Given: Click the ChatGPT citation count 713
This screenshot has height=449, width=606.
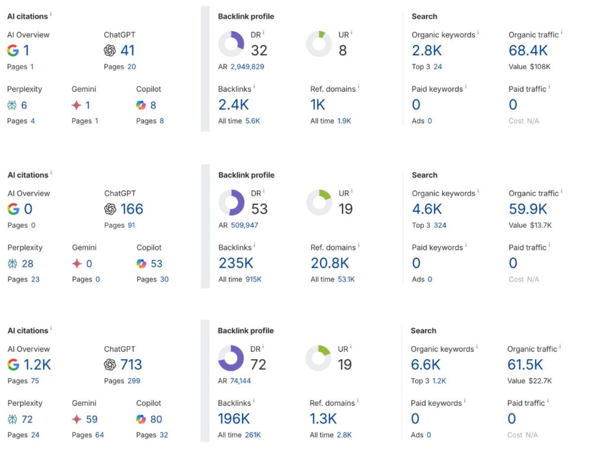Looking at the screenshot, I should [131, 364].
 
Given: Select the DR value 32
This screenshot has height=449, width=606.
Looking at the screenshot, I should [259, 50].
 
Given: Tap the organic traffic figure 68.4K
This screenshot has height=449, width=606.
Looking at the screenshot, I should [528, 50].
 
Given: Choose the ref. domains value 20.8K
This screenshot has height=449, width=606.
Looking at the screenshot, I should [330, 263].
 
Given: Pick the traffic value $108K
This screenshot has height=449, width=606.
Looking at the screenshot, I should [540, 67].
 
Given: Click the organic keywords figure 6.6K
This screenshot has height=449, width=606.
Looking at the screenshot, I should [426, 364].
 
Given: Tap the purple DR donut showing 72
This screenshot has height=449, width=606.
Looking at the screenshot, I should [231, 358].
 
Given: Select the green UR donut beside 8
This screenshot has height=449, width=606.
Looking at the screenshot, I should [319, 44].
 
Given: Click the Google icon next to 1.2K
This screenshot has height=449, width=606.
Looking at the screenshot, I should [13, 365].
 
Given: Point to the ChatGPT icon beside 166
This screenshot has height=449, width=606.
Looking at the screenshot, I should [110, 209].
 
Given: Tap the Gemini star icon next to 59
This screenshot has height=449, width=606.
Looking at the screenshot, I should [76, 419].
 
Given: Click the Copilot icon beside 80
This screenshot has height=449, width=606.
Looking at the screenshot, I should [140, 419].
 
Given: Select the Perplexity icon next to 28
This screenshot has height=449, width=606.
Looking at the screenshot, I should [12, 264].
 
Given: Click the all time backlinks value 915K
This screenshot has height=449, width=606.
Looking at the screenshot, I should [253, 279].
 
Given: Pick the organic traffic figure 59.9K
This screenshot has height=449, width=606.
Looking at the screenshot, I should [528, 209].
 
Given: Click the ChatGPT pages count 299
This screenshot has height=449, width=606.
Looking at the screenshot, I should [134, 381].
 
